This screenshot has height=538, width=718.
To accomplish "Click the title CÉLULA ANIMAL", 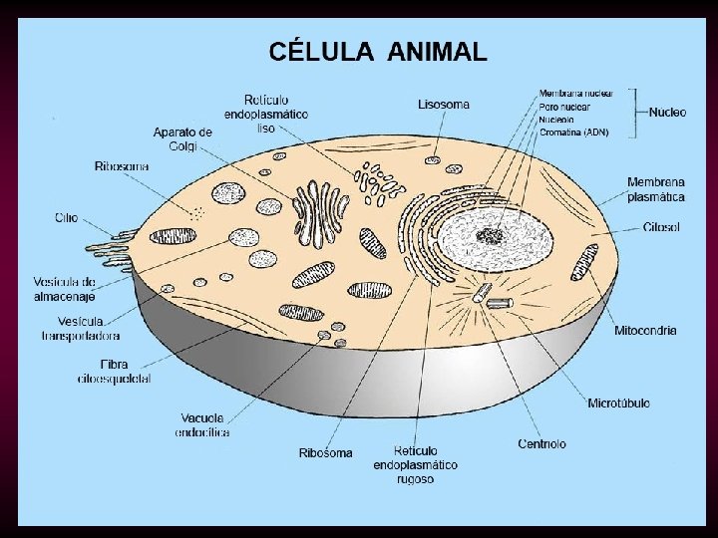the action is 377,51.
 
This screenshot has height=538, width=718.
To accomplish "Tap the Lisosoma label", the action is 444,104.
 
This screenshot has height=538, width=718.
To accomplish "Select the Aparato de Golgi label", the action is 182,138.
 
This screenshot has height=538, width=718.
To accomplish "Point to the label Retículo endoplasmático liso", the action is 265,114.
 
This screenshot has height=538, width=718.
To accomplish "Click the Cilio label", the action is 67,217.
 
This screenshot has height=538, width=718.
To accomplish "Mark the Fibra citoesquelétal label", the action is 115,371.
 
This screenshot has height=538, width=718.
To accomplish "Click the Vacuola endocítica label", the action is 202,424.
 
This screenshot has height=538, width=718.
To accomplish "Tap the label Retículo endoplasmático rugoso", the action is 416,464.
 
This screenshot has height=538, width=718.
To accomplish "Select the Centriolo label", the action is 542,443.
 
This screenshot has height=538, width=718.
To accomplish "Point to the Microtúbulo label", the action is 618,403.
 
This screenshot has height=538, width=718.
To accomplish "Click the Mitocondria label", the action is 645,330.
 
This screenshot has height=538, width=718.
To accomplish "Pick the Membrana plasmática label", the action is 655,189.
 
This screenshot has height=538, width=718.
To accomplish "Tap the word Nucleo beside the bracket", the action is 667,113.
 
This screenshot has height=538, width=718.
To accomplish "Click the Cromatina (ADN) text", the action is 573,132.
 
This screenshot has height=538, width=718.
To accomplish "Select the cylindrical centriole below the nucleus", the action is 482,294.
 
